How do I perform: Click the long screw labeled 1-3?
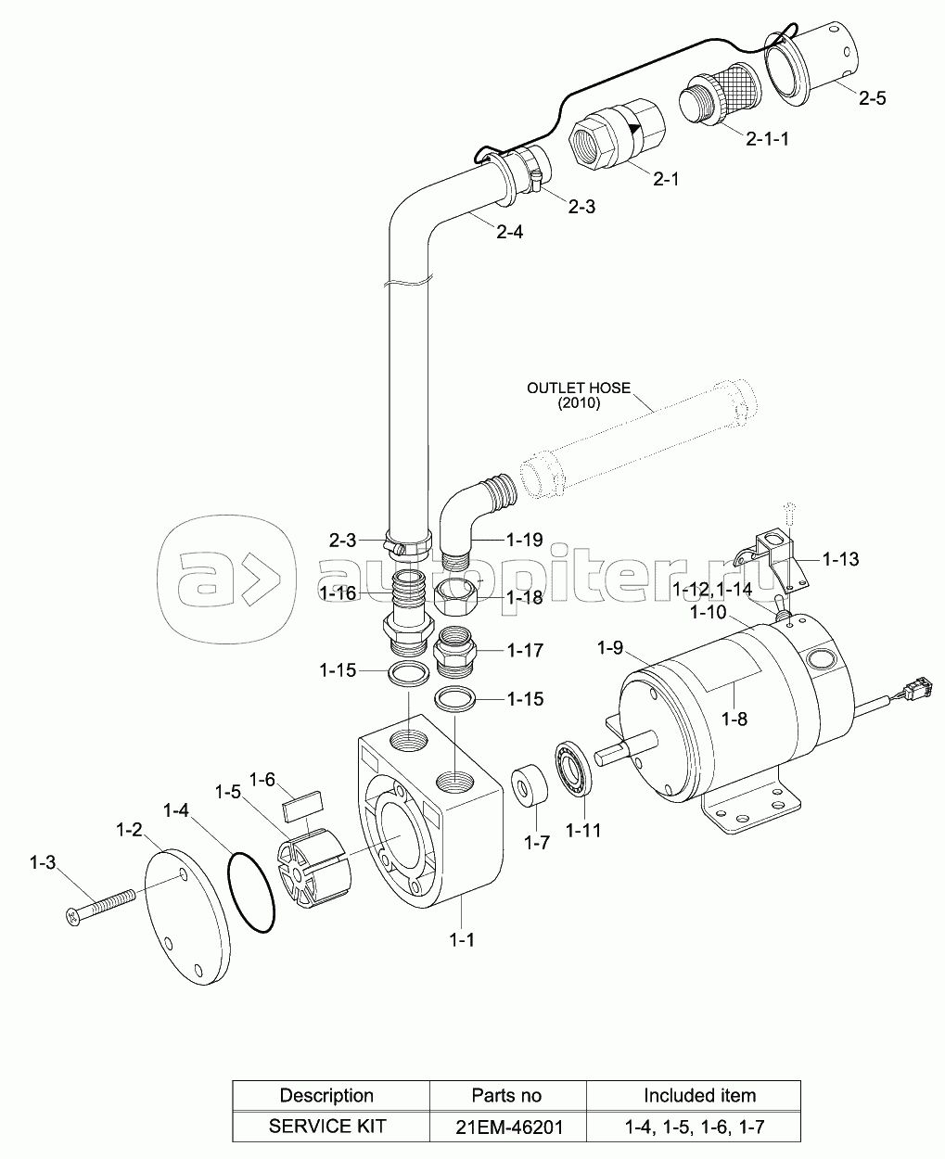coord(100,903)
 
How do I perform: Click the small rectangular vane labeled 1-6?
coord(301,806)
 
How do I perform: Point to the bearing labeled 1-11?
coord(573,768)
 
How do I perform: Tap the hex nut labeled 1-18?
coord(455,597)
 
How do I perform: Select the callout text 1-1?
coord(463,940)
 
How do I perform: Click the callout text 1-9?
coord(610,647)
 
